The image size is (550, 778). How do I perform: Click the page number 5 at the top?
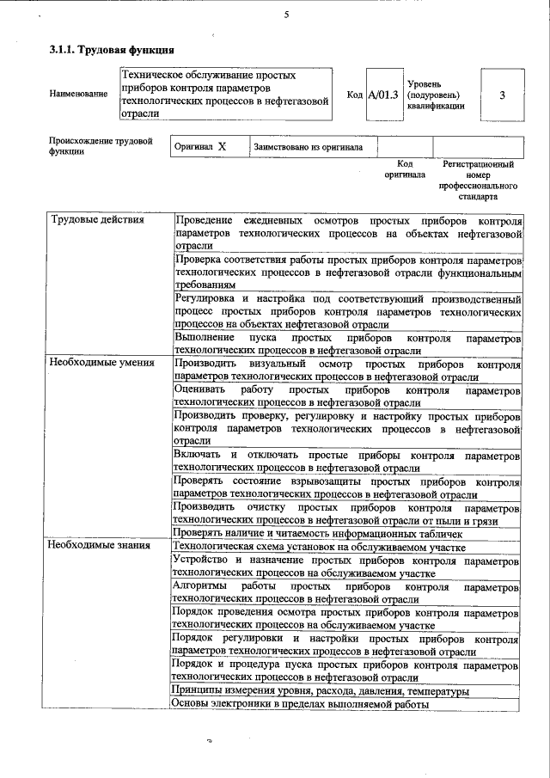(x=286, y=15)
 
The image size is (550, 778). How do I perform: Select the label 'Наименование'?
(x=78, y=93)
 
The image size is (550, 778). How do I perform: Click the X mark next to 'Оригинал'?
(x=222, y=147)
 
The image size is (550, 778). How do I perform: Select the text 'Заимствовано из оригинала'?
(x=308, y=147)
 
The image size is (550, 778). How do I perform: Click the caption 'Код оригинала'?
(x=406, y=168)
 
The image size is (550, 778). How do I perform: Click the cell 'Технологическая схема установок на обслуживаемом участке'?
(x=319, y=545)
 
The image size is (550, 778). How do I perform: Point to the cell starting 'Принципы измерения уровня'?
(x=320, y=691)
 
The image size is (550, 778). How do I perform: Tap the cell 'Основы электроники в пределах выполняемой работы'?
(x=300, y=704)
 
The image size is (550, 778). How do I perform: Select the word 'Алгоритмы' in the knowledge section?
(x=199, y=587)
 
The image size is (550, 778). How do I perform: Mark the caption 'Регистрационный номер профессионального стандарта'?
(x=478, y=180)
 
